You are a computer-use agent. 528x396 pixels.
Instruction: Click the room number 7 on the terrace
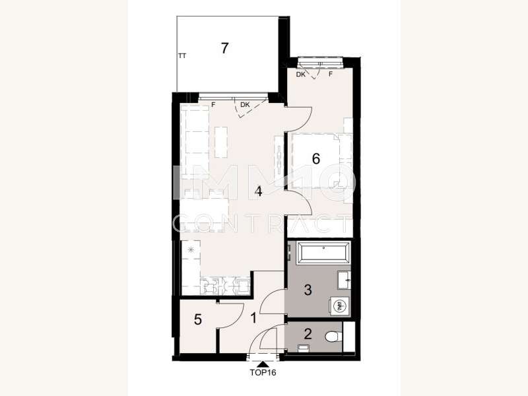pyautogui.click(x=225, y=48)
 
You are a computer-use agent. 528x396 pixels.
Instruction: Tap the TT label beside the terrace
pyautogui.click(x=182, y=57)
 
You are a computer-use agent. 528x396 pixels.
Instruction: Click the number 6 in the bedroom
pyautogui.click(x=315, y=158)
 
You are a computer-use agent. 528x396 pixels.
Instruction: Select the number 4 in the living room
pyautogui.click(x=259, y=192)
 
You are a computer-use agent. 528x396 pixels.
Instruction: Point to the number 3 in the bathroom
pyautogui.click(x=309, y=289)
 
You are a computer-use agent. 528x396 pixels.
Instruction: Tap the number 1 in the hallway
pyautogui.click(x=255, y=318)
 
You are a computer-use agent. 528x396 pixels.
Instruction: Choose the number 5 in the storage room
pyautogui.click(x=197, y=321)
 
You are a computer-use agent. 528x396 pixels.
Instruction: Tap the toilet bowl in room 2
pyautogui.click(x=335, y=337)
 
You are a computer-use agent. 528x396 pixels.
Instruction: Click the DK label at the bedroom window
pyautogui.click(x=301, y=75)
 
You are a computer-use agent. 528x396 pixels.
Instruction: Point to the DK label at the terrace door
pyautogui.click(x=245, y=104)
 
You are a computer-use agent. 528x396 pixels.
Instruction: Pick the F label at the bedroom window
pyautogui.click(x=331, y=75)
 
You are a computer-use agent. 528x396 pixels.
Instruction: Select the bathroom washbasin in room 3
pyautogui.click(x=343, y=280)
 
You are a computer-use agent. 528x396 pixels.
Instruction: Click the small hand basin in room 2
pyautogui.click(x=304, y=347)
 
